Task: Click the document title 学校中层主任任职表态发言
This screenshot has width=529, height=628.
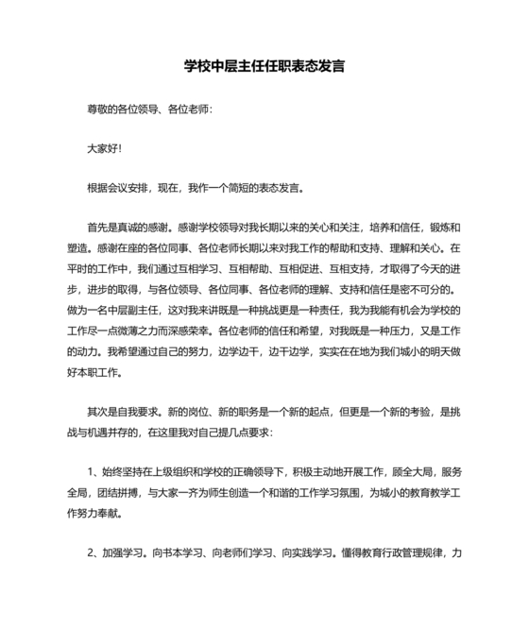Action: pos(264,67)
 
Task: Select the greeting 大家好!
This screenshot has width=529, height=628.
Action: pos(104,148)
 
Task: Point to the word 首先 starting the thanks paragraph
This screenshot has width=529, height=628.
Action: pos(97,227)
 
